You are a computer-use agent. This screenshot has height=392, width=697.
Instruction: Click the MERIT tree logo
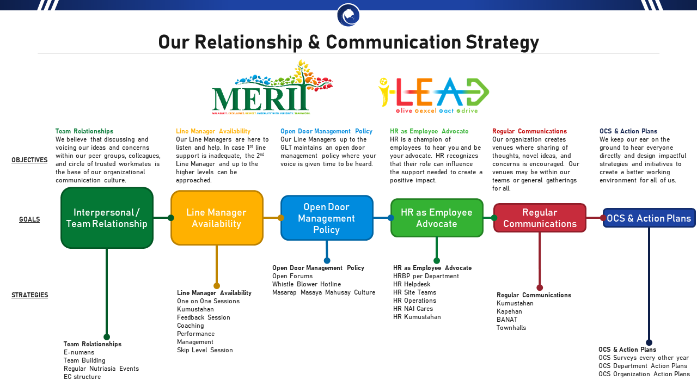click(x=272, y=88)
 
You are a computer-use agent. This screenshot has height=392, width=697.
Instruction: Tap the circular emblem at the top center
click(x=348, y=15)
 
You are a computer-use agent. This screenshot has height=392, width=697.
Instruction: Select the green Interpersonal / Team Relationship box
click(x=107, y=218)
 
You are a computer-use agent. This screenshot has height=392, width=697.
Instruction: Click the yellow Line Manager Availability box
click(x=217, y=218)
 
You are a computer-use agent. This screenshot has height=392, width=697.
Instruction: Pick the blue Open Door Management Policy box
click(x=327, y=218)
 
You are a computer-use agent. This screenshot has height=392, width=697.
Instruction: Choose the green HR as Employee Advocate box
click(x=437, y=218)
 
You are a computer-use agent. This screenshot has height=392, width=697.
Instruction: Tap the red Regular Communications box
click(x=540, y=218)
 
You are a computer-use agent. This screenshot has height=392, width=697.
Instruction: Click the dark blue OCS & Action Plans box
click(x=649, y=218)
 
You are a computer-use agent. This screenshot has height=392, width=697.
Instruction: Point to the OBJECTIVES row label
click(x=29, y=160)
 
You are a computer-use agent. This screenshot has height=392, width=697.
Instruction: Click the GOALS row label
click(x=29, y=219)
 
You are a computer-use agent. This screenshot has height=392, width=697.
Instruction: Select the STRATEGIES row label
click(x=29, y=295)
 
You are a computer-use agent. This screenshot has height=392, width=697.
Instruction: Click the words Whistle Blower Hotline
click(x=307, y=284)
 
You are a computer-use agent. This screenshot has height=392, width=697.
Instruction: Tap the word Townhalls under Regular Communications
click(x=511, y=328)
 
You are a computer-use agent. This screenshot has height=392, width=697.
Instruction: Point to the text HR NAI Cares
click(x=413, y=309)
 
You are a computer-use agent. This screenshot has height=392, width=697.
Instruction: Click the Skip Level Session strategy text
click(x=205, y=350)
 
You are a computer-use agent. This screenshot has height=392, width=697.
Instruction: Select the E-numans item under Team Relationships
click(x=79, y=352)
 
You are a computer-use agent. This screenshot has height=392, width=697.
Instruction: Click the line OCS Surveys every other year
click(x=644, y=358)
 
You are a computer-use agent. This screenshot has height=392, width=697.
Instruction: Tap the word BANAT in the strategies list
click(x=507, y=320)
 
